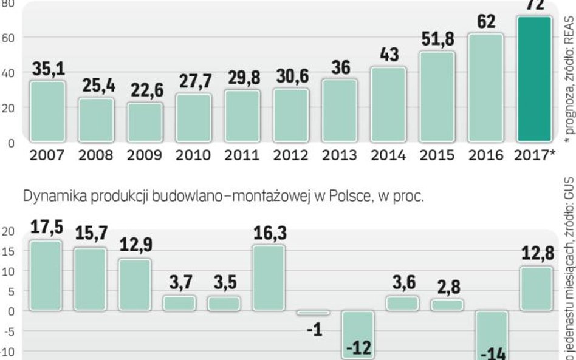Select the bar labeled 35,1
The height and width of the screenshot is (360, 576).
[x=47, y=111]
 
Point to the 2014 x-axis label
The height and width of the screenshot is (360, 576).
[x=388, y=155]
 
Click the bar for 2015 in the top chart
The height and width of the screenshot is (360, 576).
[x=437, y=97]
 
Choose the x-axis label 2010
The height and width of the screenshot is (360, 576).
[x=193, y=155]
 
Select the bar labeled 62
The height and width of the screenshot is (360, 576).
[x=486, y=87]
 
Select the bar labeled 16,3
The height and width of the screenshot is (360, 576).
[x=269, y=277]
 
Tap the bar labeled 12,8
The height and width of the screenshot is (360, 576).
[x=536, y=288]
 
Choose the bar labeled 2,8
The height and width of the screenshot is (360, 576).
[x=447, y=305]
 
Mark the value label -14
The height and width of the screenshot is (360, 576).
[x=492, y=353]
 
